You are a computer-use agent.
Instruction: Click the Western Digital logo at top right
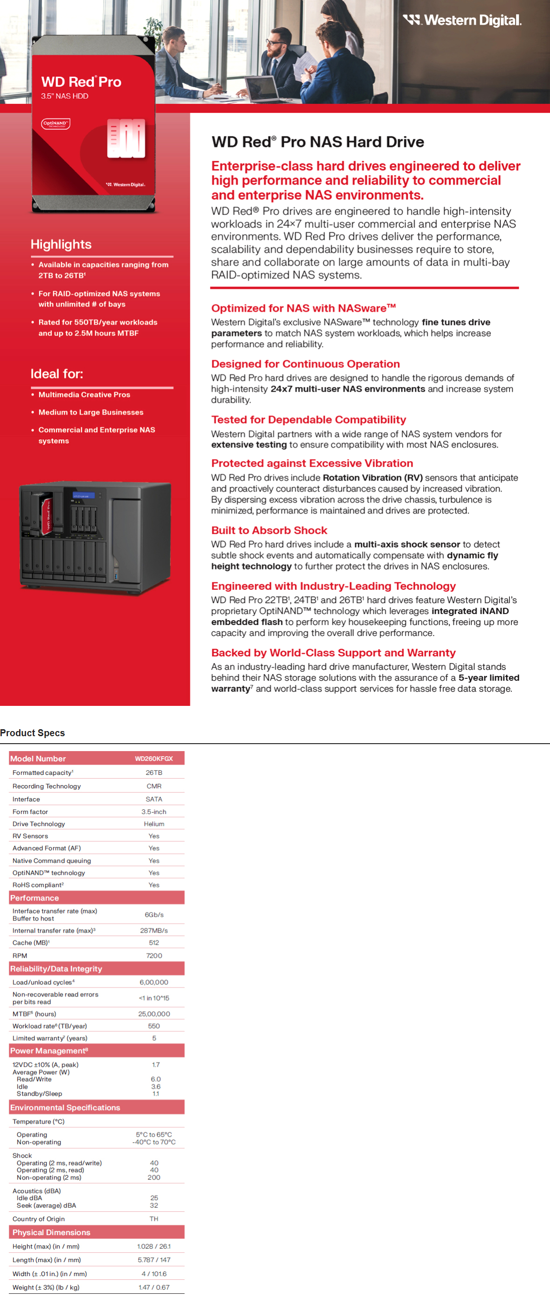tap(462, 20)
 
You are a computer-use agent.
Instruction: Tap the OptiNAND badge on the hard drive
tap(56, 124)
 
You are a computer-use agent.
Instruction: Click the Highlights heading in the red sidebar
tap(61, 244)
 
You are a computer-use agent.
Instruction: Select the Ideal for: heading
tap(57, 374)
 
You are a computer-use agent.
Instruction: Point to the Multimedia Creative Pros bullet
tap(84, 394)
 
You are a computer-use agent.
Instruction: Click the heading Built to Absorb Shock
tap(269, 530)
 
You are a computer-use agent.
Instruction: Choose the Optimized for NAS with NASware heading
tap(304, 308)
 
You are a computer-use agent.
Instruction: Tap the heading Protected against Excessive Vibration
tap(312, 463)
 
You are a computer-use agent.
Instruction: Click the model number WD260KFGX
tap(154, 759)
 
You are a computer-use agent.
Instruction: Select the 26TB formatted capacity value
tap(154, 773)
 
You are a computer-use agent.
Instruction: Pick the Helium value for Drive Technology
tap(154, 824)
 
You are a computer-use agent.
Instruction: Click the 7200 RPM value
tap(154, 955)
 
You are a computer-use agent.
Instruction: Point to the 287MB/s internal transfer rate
tap(154, 930)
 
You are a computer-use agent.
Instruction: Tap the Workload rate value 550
tap(154, 1026)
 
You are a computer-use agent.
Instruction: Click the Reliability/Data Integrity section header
tap(56, 968)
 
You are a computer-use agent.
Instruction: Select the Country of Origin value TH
tap(154, 1219)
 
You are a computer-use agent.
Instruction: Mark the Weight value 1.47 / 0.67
tap(154, 1287)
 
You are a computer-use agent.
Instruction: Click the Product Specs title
tap(32, 732)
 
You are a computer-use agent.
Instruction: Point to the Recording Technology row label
tap(46, 786)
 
